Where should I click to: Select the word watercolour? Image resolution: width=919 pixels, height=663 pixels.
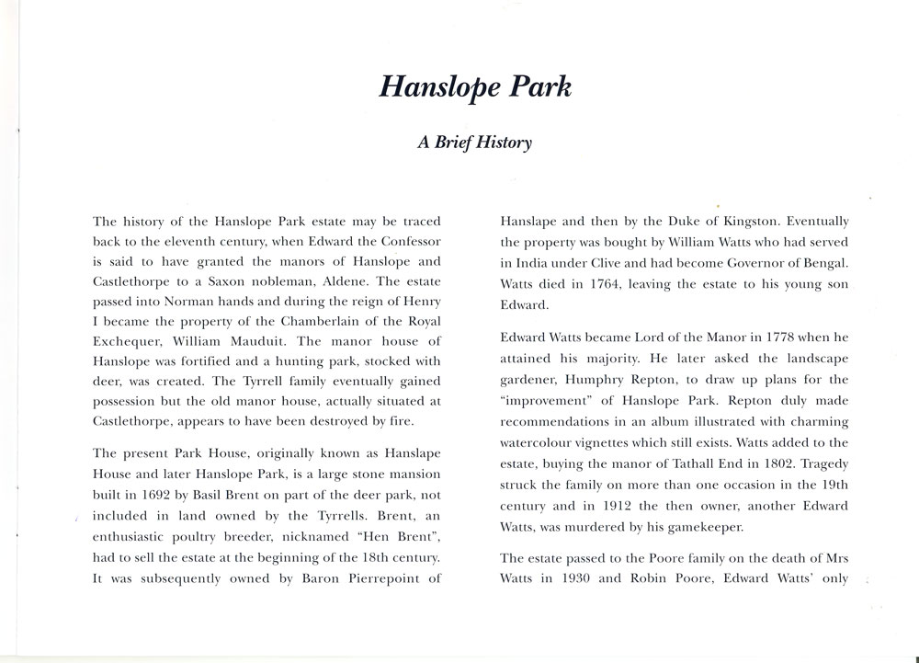pyautogui.click(x=540, y=439)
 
